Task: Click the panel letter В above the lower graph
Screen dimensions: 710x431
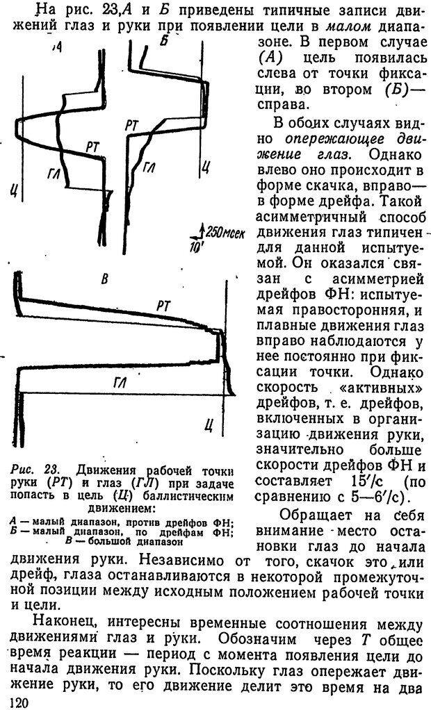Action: (105, 279)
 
